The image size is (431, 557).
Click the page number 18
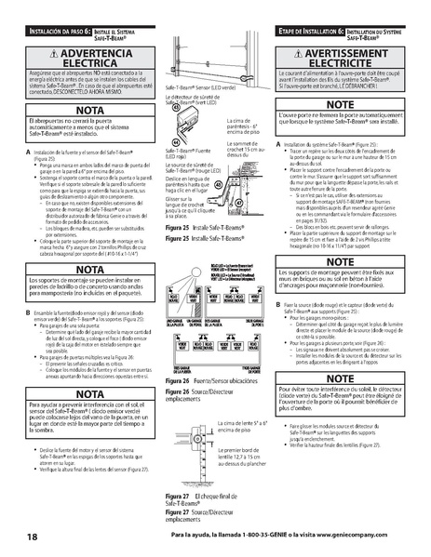click(x=33, y=538)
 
